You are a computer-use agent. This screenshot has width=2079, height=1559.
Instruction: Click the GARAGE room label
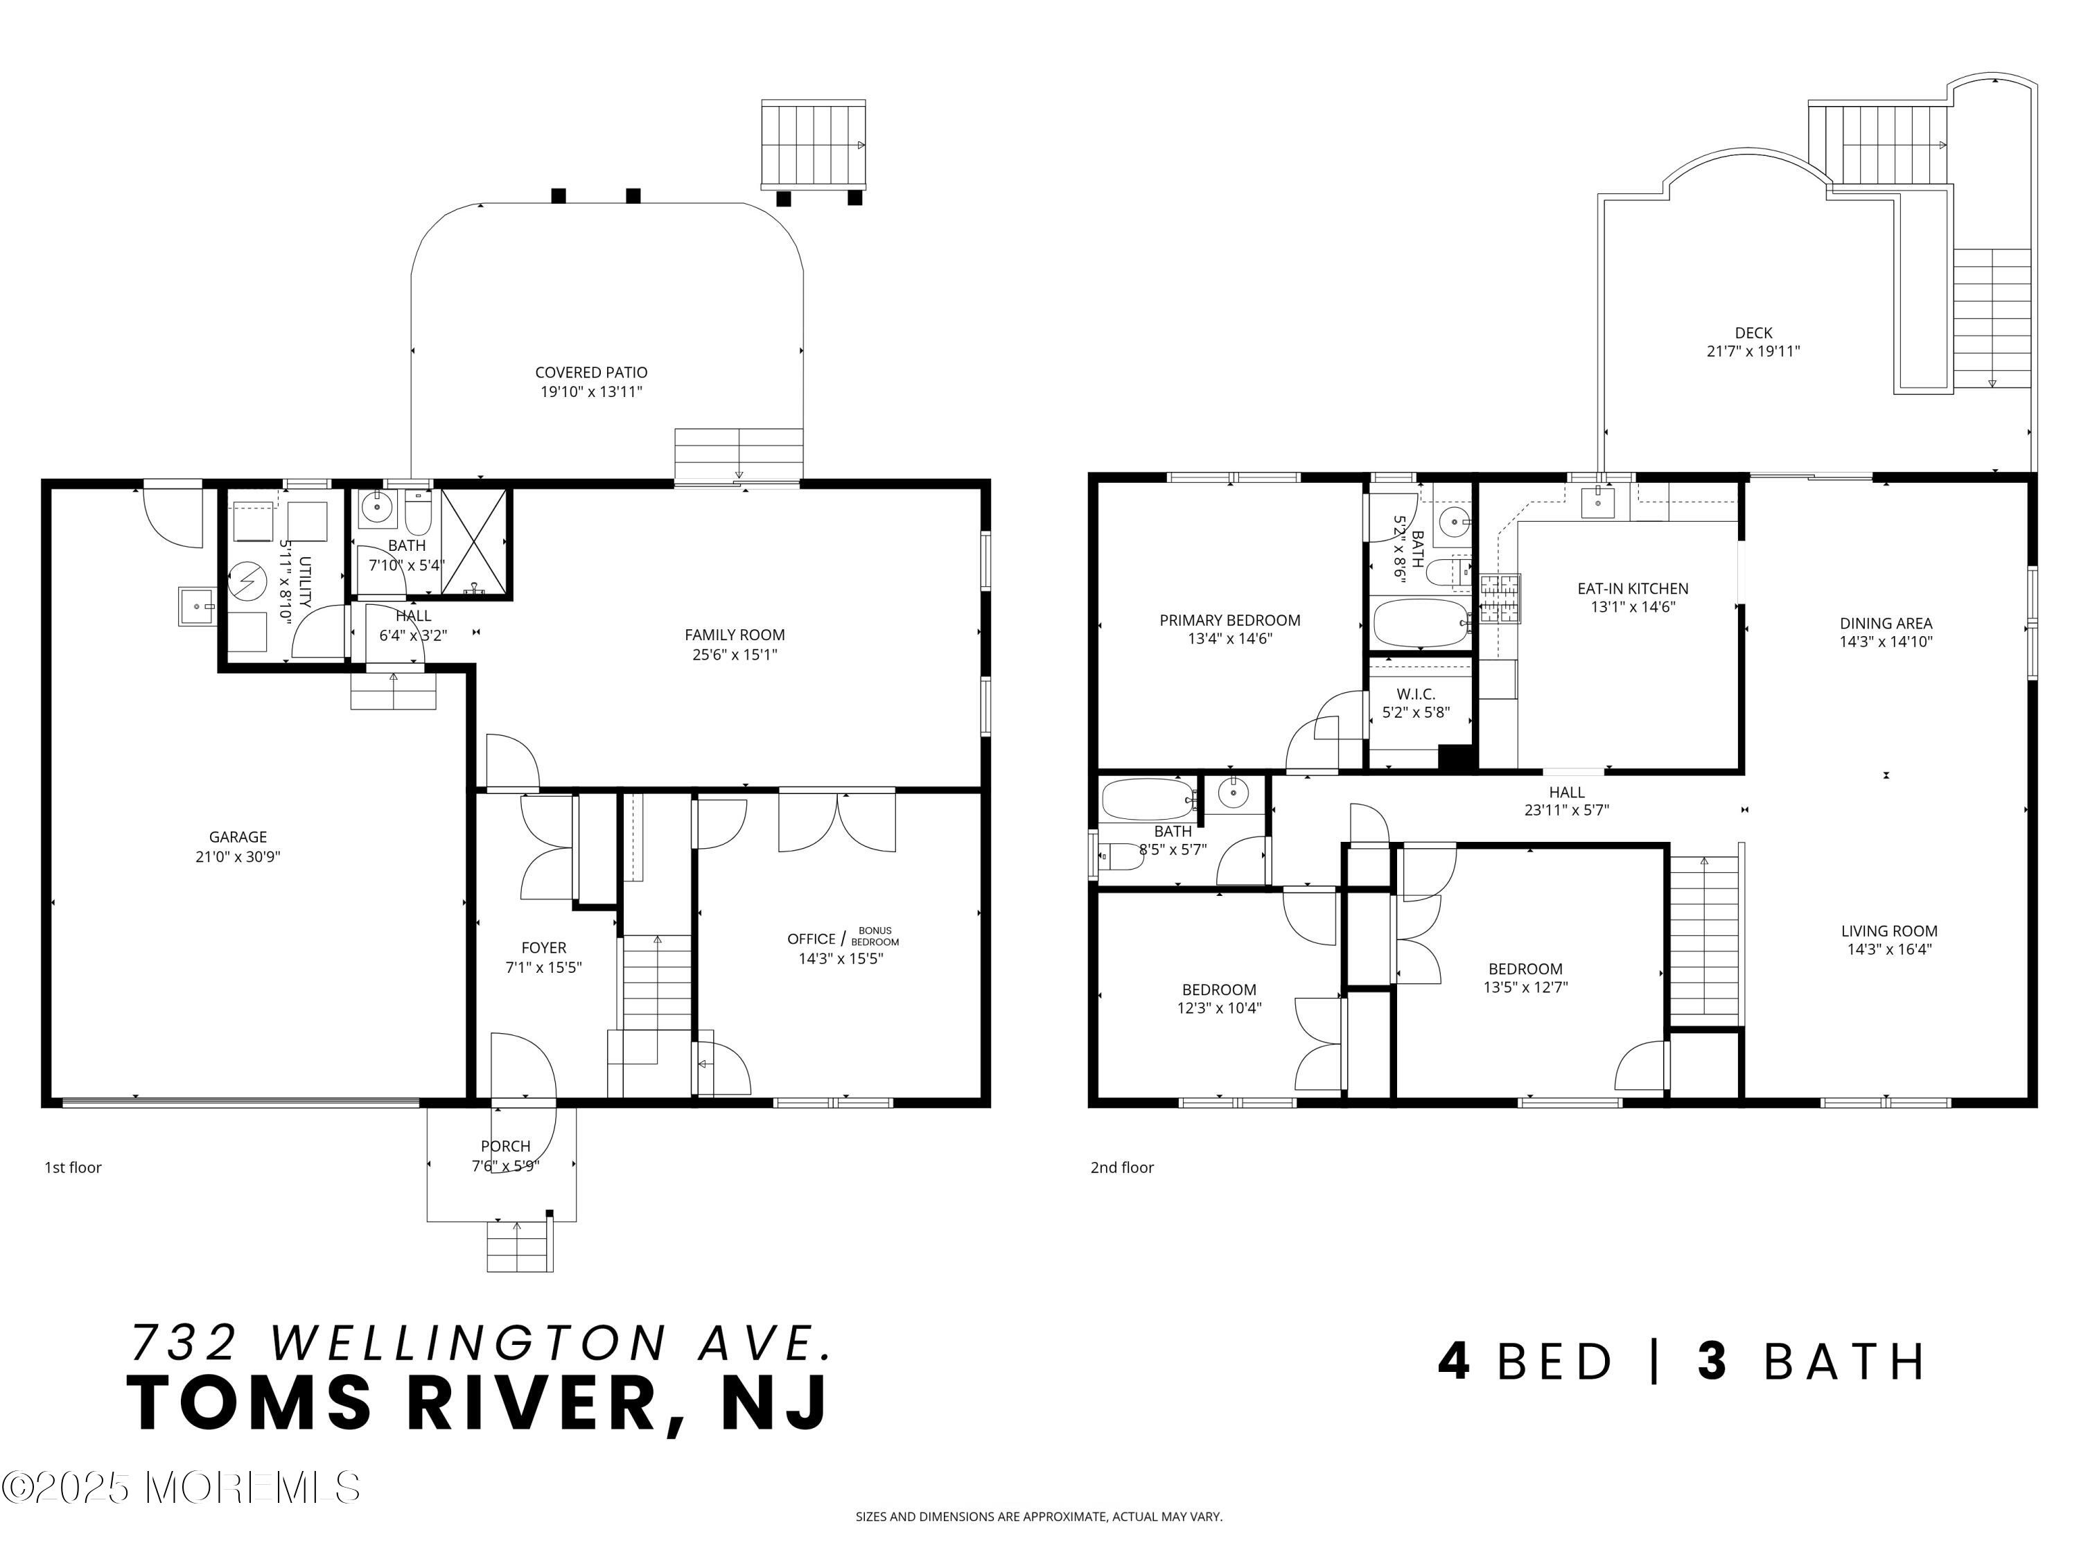click(238, 837)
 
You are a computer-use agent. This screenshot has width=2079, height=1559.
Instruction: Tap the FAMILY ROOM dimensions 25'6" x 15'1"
click(735, 655)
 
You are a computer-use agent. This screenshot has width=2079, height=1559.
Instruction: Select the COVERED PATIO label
click(591, 373)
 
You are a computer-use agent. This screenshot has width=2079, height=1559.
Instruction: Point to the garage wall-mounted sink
click(198, 606)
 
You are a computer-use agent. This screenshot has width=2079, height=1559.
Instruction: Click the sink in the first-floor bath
click(378, 509)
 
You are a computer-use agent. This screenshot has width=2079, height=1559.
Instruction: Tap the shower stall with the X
click(475, 543)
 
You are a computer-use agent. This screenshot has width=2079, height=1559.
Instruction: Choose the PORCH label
click(506, 1147)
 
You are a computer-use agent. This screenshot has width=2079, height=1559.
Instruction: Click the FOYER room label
click(544, 948)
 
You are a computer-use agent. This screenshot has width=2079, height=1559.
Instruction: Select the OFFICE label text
click(811, 939)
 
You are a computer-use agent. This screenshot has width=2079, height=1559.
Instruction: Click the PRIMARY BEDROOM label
click(1230, 620)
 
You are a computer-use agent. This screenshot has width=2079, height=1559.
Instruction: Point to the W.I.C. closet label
click(1415, 694)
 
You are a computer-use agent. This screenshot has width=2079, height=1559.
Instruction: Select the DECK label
click(1754, 333)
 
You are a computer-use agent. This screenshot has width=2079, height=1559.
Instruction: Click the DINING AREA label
click(1886, 623)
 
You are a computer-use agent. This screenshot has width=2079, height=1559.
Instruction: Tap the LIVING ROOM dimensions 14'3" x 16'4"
click(1889, 949)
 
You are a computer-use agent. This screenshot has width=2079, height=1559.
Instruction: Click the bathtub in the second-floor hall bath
click(1148, 800)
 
